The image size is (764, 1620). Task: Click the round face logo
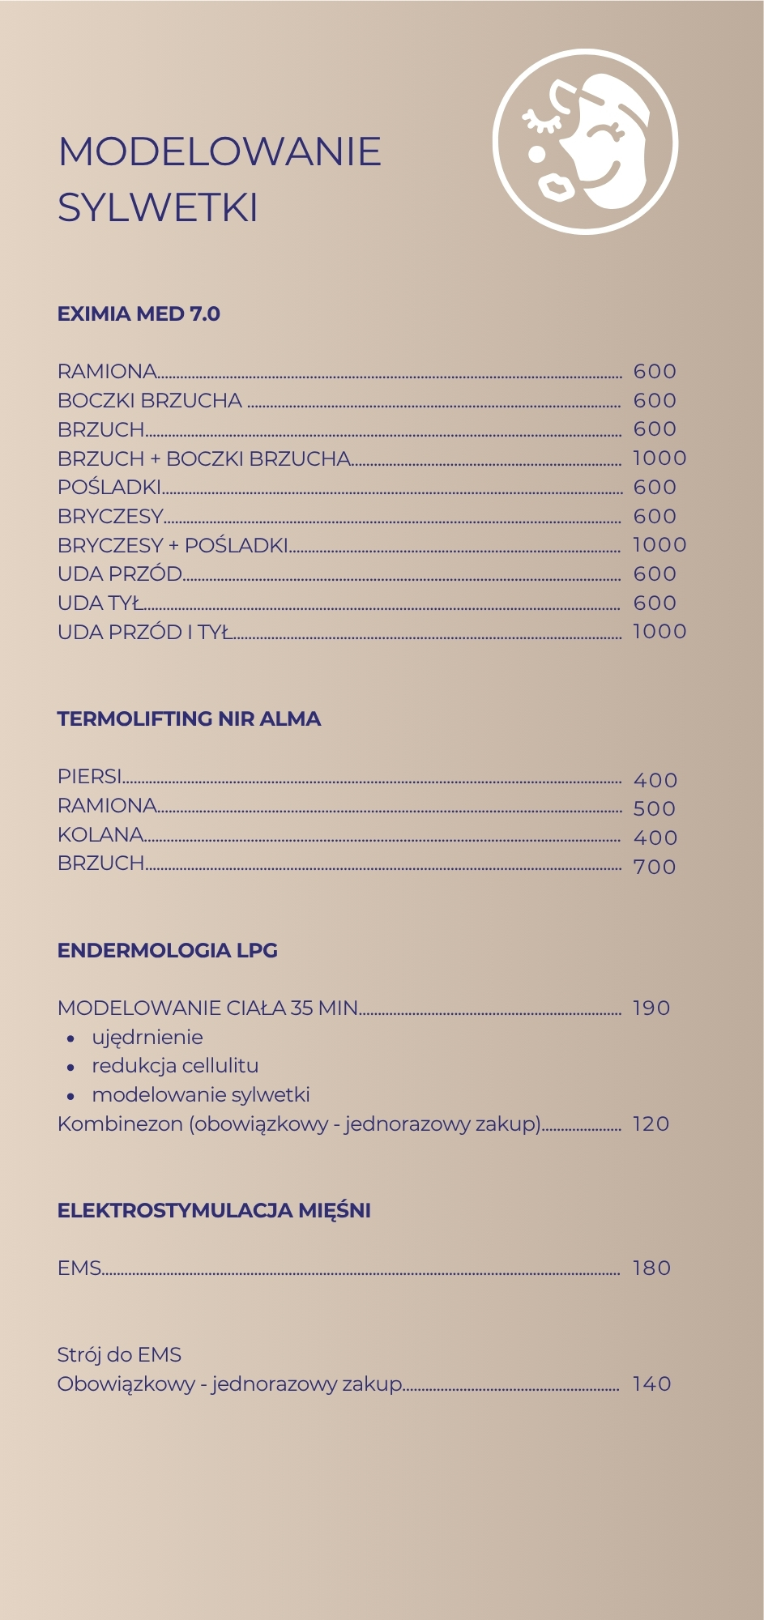585,142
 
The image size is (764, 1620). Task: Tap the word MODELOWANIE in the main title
220,151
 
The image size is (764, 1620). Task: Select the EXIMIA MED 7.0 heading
139,314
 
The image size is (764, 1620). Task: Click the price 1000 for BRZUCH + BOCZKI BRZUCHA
659,458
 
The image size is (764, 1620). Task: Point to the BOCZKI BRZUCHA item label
150,401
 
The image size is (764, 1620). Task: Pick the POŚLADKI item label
109,488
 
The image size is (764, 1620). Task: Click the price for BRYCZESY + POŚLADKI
659,545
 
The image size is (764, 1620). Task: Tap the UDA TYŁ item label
100,603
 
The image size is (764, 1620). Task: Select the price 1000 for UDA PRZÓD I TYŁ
659,632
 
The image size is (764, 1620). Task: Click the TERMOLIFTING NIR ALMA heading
189,719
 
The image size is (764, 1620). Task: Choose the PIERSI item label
90,777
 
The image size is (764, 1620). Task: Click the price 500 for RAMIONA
655,808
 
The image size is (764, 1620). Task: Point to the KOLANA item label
100,834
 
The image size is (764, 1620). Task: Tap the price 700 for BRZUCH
655,867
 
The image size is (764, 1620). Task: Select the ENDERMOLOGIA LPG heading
168,951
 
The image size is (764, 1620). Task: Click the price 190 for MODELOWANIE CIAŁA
651,1008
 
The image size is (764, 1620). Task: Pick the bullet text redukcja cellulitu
175,1066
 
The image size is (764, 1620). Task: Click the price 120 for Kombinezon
651,1124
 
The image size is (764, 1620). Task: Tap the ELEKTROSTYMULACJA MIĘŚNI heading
214,1211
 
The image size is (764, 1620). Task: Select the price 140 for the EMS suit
652,1384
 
